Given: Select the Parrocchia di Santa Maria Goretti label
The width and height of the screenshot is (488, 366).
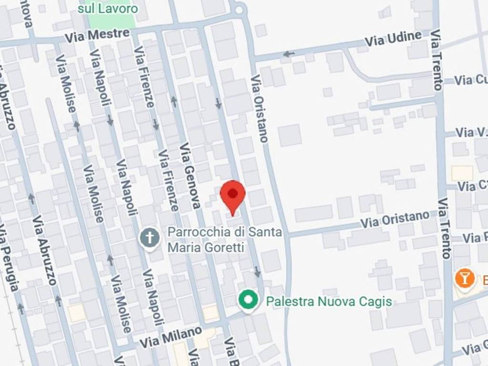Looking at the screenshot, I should (x=224, y=240).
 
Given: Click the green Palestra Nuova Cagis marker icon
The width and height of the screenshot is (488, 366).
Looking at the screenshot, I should (x=248, y=300).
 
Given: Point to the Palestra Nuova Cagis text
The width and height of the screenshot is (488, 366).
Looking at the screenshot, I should (x=329, y=301).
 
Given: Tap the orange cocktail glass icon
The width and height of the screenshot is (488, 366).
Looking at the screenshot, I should (x=465, y=278).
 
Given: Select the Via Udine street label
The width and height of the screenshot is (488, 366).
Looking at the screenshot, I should (x=393, y=39).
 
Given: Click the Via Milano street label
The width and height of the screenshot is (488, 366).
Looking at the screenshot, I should (x=171, y=337).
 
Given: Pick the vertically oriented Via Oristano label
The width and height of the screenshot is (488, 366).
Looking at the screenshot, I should (x=260, y=108).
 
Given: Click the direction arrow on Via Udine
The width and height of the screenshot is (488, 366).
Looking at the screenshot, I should (x=289, y=54).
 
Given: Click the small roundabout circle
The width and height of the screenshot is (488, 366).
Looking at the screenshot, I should (x=239, y=9).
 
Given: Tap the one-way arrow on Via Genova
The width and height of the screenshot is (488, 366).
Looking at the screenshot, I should (x=174, y=102).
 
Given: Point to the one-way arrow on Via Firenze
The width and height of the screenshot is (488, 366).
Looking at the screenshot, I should (x=156, y=125).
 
